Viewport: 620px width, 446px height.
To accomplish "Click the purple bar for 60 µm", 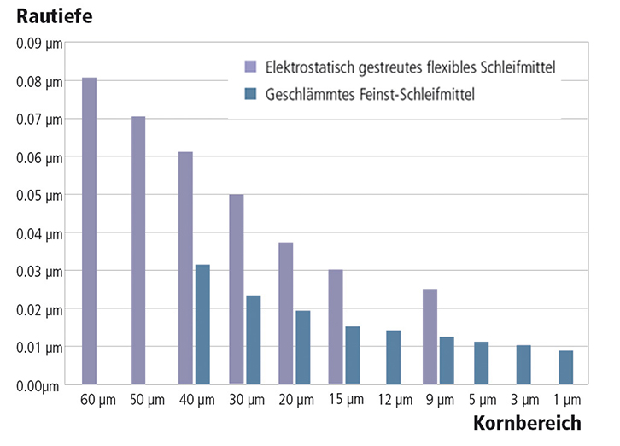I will click(x=89, y=231).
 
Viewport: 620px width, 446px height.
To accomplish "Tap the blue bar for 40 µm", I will click(x=202, y=325).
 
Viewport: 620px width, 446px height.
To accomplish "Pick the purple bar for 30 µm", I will click(x=237, y=290).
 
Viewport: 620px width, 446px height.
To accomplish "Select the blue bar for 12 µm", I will click(x=394, y=357).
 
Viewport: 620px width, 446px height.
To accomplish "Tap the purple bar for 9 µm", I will click(x=430, y=337).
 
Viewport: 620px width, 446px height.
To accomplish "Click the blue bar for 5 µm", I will click(x=482, y=363).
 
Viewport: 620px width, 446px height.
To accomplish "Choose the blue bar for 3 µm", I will click(x=523, y=365).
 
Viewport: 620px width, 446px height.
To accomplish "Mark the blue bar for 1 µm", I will click(x=565, y=367).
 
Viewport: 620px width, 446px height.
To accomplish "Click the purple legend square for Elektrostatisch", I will click(x=250, y=67).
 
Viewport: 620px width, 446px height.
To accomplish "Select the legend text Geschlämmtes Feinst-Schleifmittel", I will click(x=377, y=95).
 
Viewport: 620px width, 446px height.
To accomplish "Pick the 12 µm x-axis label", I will click(x=394, y=400).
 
